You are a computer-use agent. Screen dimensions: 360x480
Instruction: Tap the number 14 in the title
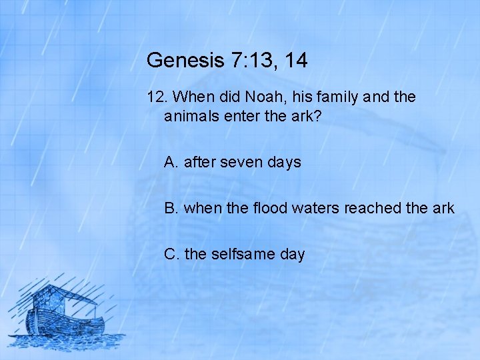click(x=295, y=61)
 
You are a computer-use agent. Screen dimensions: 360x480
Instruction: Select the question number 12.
click(x=156, y=97)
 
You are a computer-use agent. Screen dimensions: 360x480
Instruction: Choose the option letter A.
click(x=171, y=162)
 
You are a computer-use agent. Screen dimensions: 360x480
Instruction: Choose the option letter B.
click(x=171, y=208)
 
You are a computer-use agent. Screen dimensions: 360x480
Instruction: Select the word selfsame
click(x=241, y=254)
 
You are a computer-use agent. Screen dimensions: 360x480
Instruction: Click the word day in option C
click(x=291, y=254)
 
